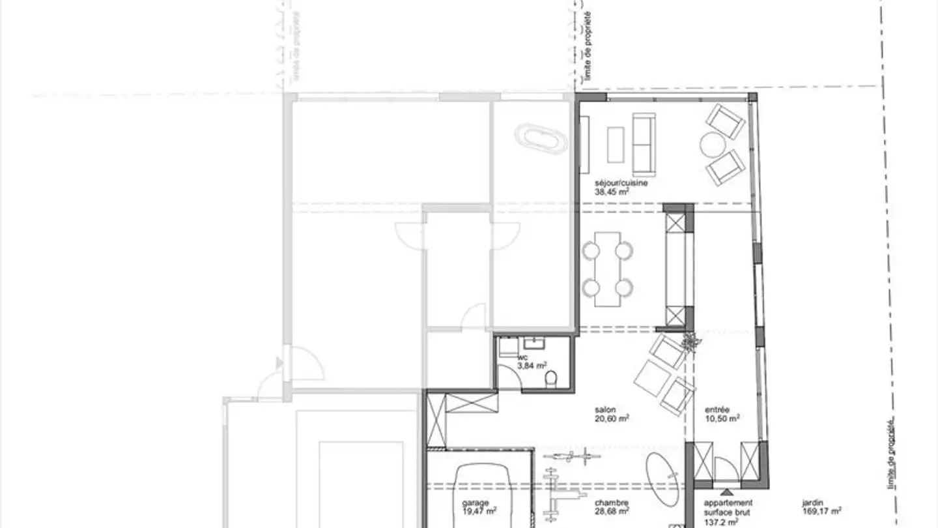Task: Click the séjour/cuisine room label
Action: [x=621, y=184]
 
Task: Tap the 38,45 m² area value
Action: [x=612, y=193]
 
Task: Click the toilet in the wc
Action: [x=551, y=379]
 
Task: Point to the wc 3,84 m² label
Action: [x=532, y=362]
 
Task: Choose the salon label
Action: [x=604, y=410]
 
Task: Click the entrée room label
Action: [x=717, y=410]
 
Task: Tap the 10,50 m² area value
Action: [x=722, y=419]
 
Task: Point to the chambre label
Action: [x=611, y=503]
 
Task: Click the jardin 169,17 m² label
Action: [x=821, y=507]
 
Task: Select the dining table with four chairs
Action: [x=607, y=269]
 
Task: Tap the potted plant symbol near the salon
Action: [x=690, y=341]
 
